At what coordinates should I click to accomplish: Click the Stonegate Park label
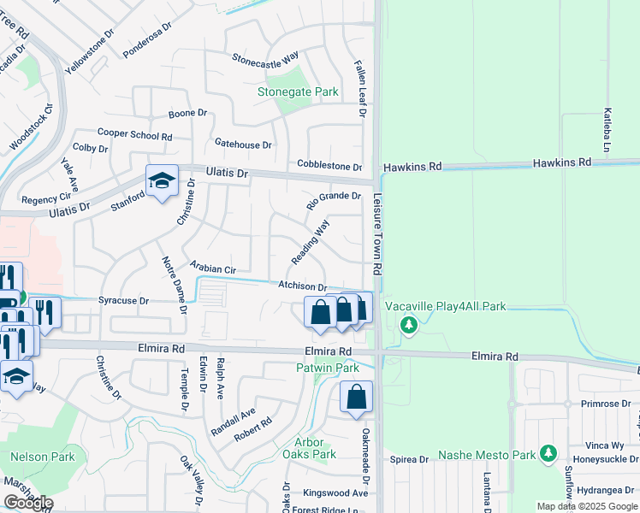(299, 91)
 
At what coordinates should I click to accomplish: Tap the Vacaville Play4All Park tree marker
(409, 325)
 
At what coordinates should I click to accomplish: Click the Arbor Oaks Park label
(309, 448)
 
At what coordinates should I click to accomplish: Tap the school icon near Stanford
(162, 181)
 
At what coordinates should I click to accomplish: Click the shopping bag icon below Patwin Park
(356, 398)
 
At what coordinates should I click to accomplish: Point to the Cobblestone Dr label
(329, 165)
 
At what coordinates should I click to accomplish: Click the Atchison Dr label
(301, 286)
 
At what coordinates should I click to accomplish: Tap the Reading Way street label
(310, 242)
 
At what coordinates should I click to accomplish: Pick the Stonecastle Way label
(265, 57)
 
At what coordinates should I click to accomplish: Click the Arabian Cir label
(212, 268)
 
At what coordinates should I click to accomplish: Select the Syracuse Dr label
(123, 301)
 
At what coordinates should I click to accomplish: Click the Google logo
(28, 503)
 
